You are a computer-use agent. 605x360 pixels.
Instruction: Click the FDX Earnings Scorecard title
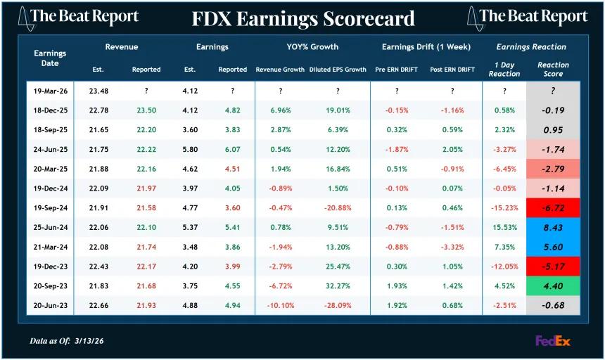(x=303, y=18)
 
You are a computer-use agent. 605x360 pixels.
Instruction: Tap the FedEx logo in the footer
(x=552, y=341)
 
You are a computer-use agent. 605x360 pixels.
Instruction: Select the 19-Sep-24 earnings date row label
(x=50, y=208)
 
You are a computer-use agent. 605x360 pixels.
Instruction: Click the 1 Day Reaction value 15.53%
(x=504, y=228)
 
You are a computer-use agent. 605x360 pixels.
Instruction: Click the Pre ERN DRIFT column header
(x=396, y=70)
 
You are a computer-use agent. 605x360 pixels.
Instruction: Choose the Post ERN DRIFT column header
(x=452, y=70)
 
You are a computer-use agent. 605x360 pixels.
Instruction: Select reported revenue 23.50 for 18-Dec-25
(x=146, y=110)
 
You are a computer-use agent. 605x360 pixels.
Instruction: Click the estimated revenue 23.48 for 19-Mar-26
(x=98, y=91)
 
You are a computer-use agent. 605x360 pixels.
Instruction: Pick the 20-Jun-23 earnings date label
(x=50, y=306)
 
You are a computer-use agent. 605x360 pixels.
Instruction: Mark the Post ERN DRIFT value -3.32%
(x=452, y=247)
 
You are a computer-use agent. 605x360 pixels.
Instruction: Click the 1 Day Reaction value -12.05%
(x=504, y=267)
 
